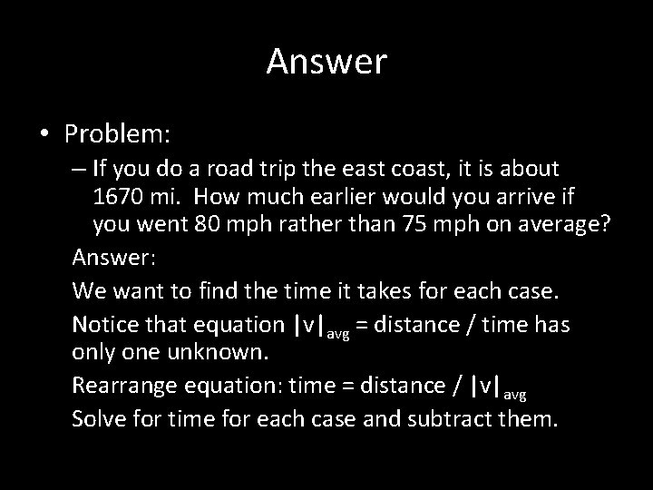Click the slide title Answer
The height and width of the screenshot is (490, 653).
tap(326, 62)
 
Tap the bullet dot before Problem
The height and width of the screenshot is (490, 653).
tap(44, 134)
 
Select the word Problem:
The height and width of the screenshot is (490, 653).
tap(117, 134)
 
